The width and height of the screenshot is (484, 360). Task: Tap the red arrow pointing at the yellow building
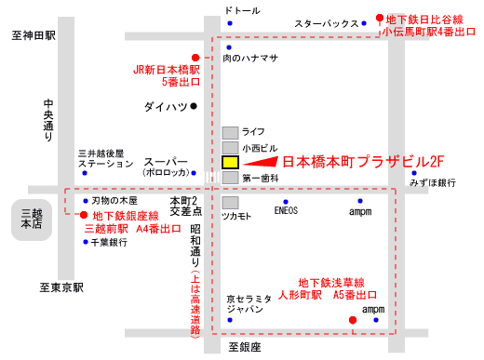pos(260,161)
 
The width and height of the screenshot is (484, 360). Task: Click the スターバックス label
pos(326,22)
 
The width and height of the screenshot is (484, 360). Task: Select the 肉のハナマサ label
pos(251,58)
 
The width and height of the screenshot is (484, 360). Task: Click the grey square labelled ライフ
pos(230,131)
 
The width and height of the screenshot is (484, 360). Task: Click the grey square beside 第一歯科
pos(230,177)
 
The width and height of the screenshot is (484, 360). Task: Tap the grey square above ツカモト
pos(230,202)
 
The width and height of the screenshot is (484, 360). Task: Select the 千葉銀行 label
pos(110,242)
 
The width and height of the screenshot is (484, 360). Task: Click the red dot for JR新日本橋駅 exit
pos(195,56)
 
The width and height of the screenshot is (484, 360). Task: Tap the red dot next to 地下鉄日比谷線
pos(380,17)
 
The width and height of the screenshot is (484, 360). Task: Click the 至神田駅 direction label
pos(34,35)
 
